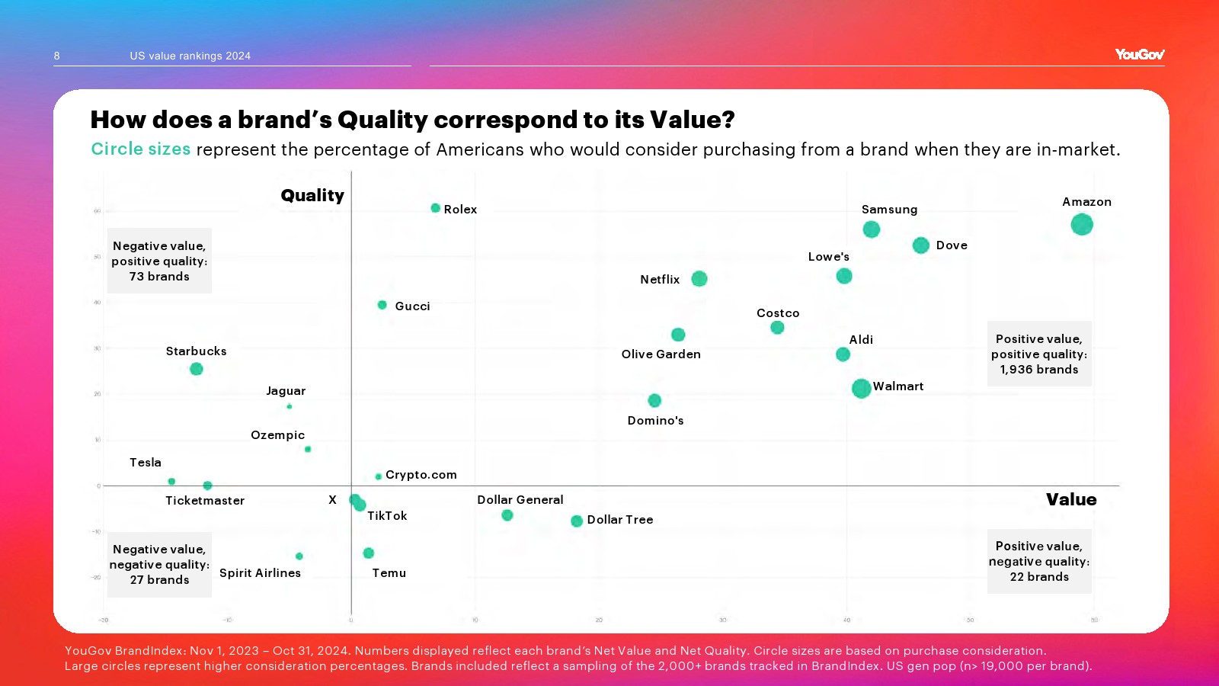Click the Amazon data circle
tap(1081, 224)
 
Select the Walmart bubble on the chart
tap(861, 388)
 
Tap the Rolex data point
tap(436, 208)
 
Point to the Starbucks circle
tap(197, 369)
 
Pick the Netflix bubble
tap(699, 279)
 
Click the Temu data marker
tap(369, 553)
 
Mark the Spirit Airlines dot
tap(299, 556)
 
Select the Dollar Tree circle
tap(577, 521)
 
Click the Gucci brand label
tap(412, 306)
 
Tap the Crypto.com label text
tap(421, 475)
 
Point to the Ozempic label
tap(277, 435)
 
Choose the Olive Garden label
tap(661, 354)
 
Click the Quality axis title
tap(312, 196)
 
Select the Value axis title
tap(1070, 500)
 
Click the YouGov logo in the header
tap(1139, 54)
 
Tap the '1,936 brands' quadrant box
tap(1039, 354)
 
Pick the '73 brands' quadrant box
tap(159, 261)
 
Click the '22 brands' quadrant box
tap(1039, 562)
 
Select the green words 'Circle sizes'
tap(141, 149)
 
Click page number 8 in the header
tap(57, 56)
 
